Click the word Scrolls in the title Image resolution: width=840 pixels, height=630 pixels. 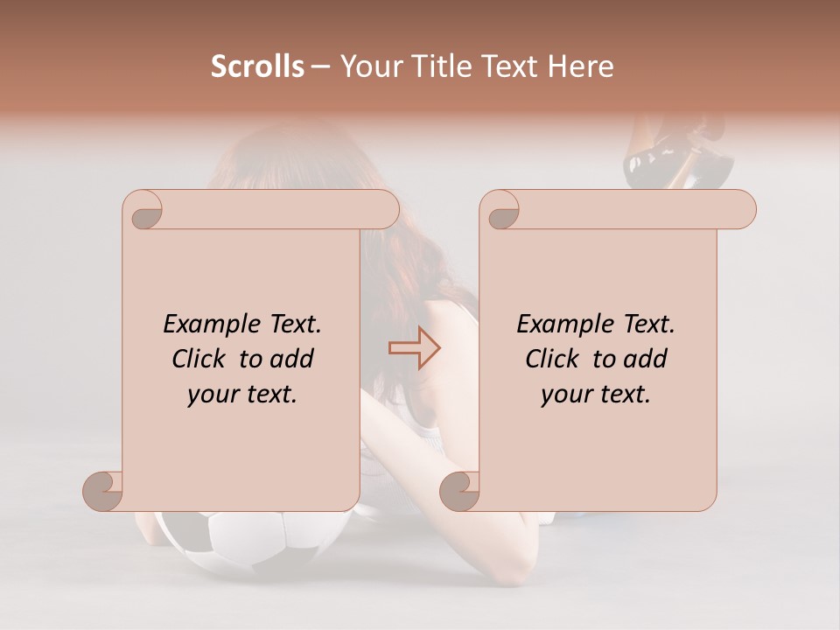tap(257, 66)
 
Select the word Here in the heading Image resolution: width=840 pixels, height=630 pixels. tap(581, 66)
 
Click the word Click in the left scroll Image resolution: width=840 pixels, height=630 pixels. tap(201, 359)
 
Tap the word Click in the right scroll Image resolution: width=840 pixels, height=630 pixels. tap(555, 359)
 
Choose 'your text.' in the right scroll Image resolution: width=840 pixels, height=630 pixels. tap(596, 395)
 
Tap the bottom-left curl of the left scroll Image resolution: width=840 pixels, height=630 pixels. tap(103, 490)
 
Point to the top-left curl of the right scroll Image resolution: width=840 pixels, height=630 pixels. tap(500, 211)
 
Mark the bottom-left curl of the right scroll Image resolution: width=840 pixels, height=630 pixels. tap(460, 490)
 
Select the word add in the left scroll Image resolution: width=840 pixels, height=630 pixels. tap(293, 359)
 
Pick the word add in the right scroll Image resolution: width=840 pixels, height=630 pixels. tap(647, 359)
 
